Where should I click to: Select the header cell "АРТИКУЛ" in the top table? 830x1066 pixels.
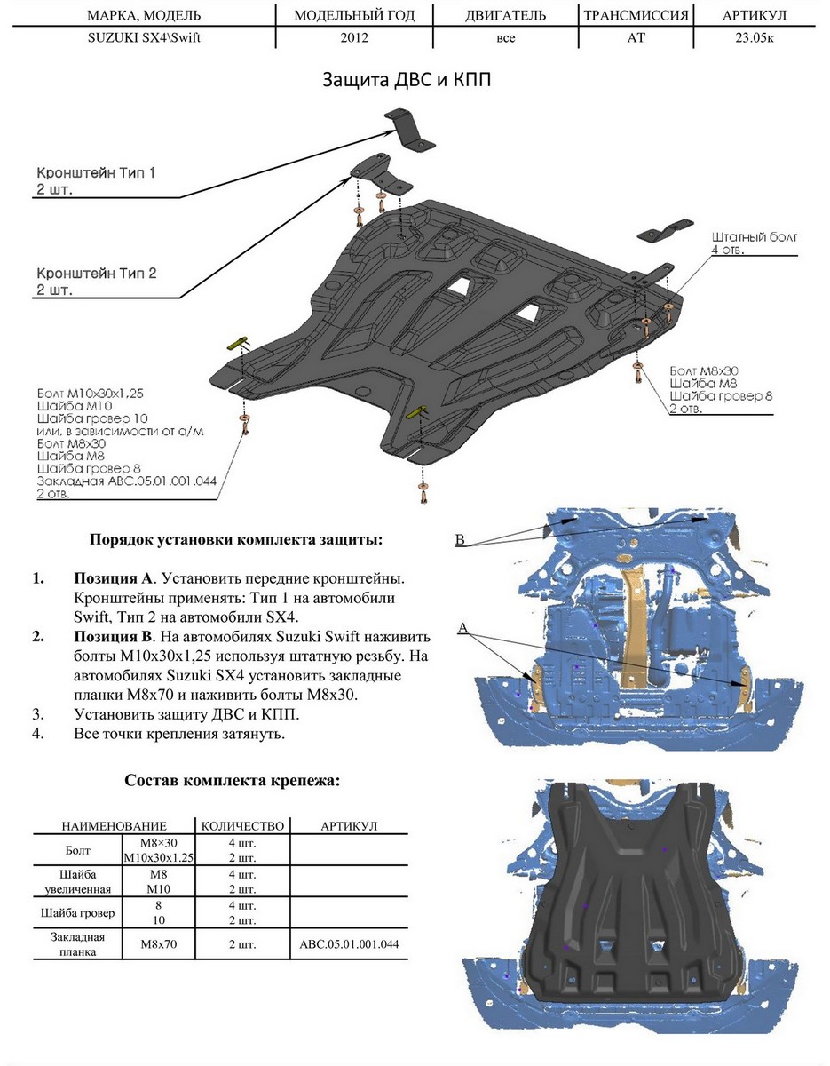[x=755, y=16]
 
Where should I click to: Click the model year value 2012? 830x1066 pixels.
[x=354, y=39]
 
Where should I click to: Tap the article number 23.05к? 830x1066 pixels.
[x=755, y=39]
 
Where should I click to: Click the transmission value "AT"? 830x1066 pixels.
[x=636, y=39]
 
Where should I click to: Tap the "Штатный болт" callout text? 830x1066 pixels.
[x=755, y=237]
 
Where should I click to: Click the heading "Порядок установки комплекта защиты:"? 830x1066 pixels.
[x=237, y=539]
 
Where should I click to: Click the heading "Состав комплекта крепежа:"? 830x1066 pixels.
[x=232, y=780]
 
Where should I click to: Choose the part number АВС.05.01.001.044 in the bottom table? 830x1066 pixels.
[x=349, y=944]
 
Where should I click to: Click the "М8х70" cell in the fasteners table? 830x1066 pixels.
[x=160, y=944]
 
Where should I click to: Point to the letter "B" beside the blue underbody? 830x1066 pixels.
[x=460, y=539]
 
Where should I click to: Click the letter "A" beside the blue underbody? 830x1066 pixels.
[x=462, y=628]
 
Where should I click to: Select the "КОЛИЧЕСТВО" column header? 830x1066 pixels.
[x=242, y=826]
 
